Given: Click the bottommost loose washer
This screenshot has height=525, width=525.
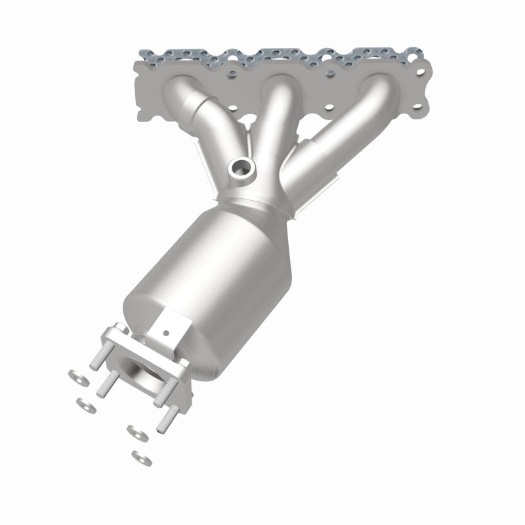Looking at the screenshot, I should click(138, 455).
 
